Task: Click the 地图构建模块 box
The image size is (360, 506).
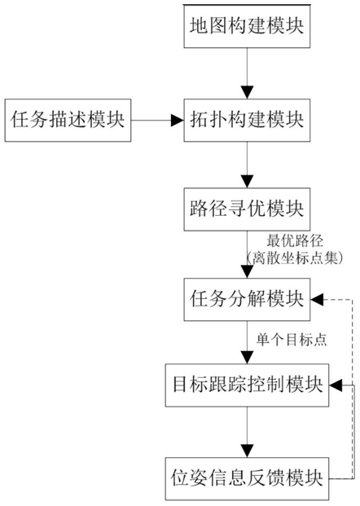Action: [247, 26]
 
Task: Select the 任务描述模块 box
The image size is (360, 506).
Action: [68, 120]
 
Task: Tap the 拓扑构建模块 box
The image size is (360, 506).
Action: [247, 120]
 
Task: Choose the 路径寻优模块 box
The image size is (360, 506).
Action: [247, 209]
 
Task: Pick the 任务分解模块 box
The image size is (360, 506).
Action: [247, 300]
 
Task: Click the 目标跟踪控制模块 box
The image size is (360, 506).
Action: [247, 385]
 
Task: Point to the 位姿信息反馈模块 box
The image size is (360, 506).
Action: [247, 478]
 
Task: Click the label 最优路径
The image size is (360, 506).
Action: [295, 240]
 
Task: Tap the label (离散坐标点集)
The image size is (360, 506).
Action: [294, 258]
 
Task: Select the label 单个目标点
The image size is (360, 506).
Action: [292, 340]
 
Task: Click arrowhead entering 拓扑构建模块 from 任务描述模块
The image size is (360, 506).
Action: [178, 120]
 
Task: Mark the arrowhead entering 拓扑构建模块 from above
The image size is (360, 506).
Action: [247, 93]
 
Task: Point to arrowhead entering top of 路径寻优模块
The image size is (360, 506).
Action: [247, 182]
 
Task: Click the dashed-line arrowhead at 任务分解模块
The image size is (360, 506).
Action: [317, 300]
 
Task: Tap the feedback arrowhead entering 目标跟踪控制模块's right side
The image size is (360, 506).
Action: [336, 385]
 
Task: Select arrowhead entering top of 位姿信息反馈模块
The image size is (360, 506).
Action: [247, 451]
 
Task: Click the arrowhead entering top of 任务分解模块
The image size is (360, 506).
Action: [247, 272]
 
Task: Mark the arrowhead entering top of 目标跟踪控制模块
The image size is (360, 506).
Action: [247, 358]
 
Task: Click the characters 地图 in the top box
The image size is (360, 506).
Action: [209, 26]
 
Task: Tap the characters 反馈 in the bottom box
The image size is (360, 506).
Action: [266, 478]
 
